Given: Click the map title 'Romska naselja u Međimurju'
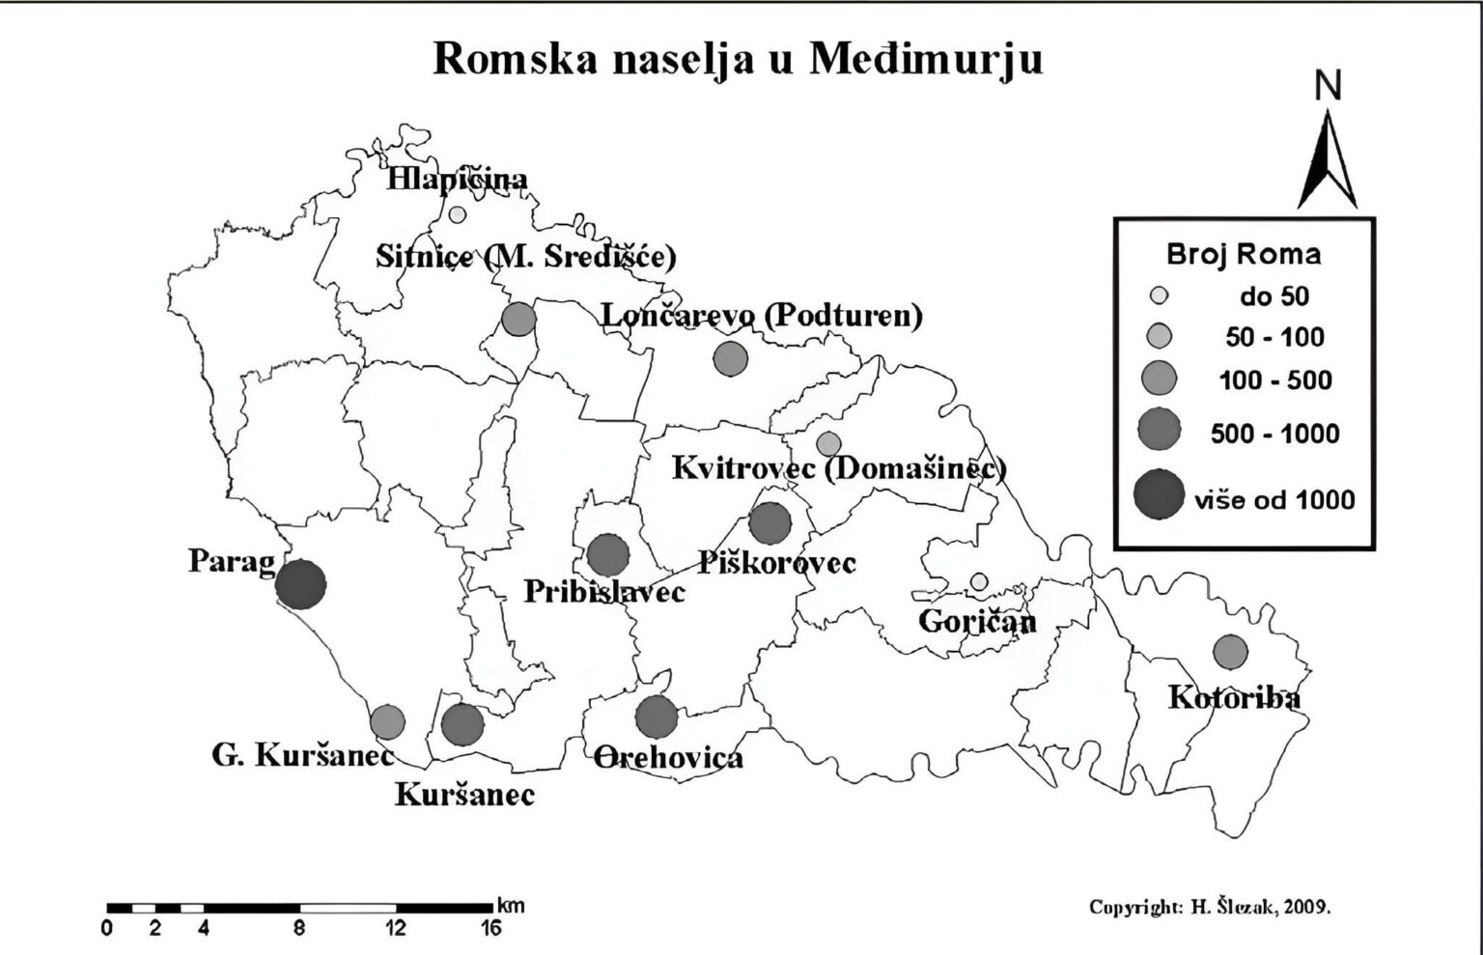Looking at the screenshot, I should [738, 59].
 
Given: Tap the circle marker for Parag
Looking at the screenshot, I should [300, 583].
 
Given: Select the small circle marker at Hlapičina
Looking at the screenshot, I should [458, 214].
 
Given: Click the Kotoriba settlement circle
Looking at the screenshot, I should [1229, 652].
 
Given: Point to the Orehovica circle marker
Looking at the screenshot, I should [657, 716].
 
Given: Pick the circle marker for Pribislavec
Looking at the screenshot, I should [607, 555].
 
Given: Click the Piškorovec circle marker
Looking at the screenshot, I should [769, 523].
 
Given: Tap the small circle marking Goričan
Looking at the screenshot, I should [979, 581].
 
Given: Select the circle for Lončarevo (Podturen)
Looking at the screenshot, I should [730, 358].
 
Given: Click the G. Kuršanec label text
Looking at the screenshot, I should [303, 755].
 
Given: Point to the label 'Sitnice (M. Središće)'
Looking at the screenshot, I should [525, 257].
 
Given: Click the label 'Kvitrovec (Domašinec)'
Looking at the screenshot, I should [838, 468].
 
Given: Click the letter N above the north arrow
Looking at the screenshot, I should [1329, 87].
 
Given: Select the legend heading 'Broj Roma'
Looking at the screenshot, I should [1244, 255].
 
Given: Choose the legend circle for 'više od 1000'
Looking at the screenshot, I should [1159, 494].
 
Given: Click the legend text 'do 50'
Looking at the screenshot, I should [1273, 296].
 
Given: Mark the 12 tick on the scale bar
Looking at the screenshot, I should [397, 928].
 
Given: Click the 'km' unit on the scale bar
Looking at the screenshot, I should [511, 906].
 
